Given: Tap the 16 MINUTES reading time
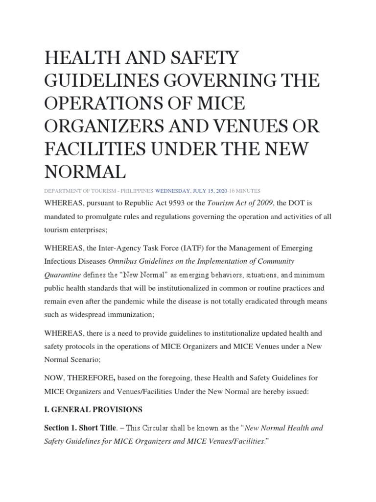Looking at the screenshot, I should tap(243, 190).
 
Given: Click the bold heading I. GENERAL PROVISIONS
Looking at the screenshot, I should tap(92, 409).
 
